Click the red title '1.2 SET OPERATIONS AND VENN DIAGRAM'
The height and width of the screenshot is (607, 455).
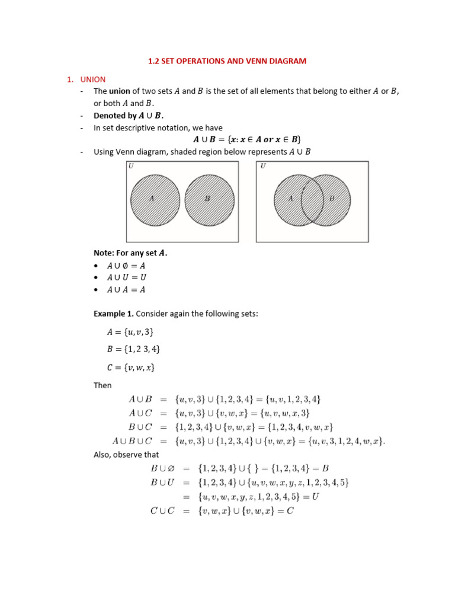pos(227,61)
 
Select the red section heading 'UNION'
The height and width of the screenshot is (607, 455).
pos(93,79)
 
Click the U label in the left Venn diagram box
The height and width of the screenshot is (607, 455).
pos(131,166)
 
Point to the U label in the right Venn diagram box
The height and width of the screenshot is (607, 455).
pos(262,166)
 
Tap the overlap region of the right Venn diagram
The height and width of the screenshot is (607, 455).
pos(312,200)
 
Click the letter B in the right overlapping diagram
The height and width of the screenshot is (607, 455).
pos(331,199)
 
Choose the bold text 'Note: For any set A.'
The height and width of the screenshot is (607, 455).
pos(130,253)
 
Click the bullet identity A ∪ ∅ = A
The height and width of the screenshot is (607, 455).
pos(126,266)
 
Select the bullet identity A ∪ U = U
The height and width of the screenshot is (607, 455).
pos(126,277)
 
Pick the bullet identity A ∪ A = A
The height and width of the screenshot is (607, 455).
pos(126,290)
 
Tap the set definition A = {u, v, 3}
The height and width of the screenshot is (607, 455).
pos(125,331)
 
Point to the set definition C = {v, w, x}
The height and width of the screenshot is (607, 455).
pos(126,368)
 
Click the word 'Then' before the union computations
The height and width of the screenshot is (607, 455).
pos(102,385)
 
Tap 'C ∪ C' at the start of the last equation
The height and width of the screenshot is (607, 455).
pos(162,510)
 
